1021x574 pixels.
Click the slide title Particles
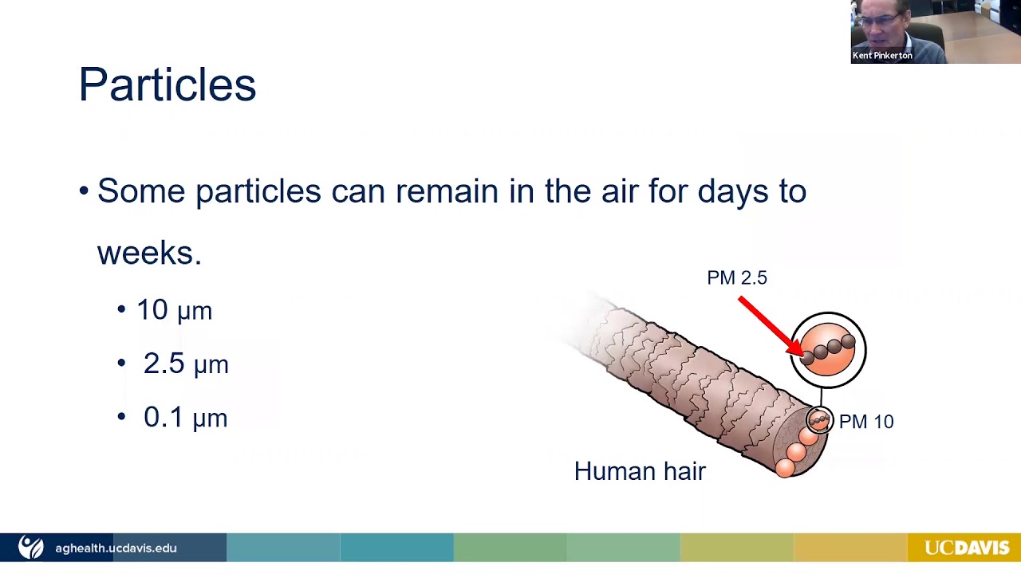pyautogui.click(x=168, y=85)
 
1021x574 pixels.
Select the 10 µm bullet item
pyautogui.click(x=174, y=310)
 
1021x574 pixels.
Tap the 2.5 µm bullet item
pyautogui.click(x=185, y=364)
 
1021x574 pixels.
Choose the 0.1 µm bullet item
pyautogui.click(x=185, y=417)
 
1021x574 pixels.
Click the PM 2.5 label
pyautogui.click(x=736, y=277)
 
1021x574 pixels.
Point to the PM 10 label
pyautogui.click(x=866, y=422)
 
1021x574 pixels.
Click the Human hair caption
pyautogui.click(x=640, y=471)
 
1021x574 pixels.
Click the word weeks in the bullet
pyautogui.click(x=148, y=253)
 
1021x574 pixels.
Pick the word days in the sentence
pyautogui.click(x=730, y=191)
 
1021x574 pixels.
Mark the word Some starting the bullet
pyautogui.click(x=141, y=191)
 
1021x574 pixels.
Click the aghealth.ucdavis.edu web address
pyautogui.click(x=116, y=548)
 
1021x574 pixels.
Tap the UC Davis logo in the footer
pyautogui.click(x=966, y=548)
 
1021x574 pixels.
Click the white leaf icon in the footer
pyautogui.click(x=31, y=548)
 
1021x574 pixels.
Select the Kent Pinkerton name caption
pyautogui.click(x=882, y=56)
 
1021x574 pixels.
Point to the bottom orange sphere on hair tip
pyautogui.click(x=786, y=466)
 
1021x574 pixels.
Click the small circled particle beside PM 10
pyautogui.click(x=819, y=419)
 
